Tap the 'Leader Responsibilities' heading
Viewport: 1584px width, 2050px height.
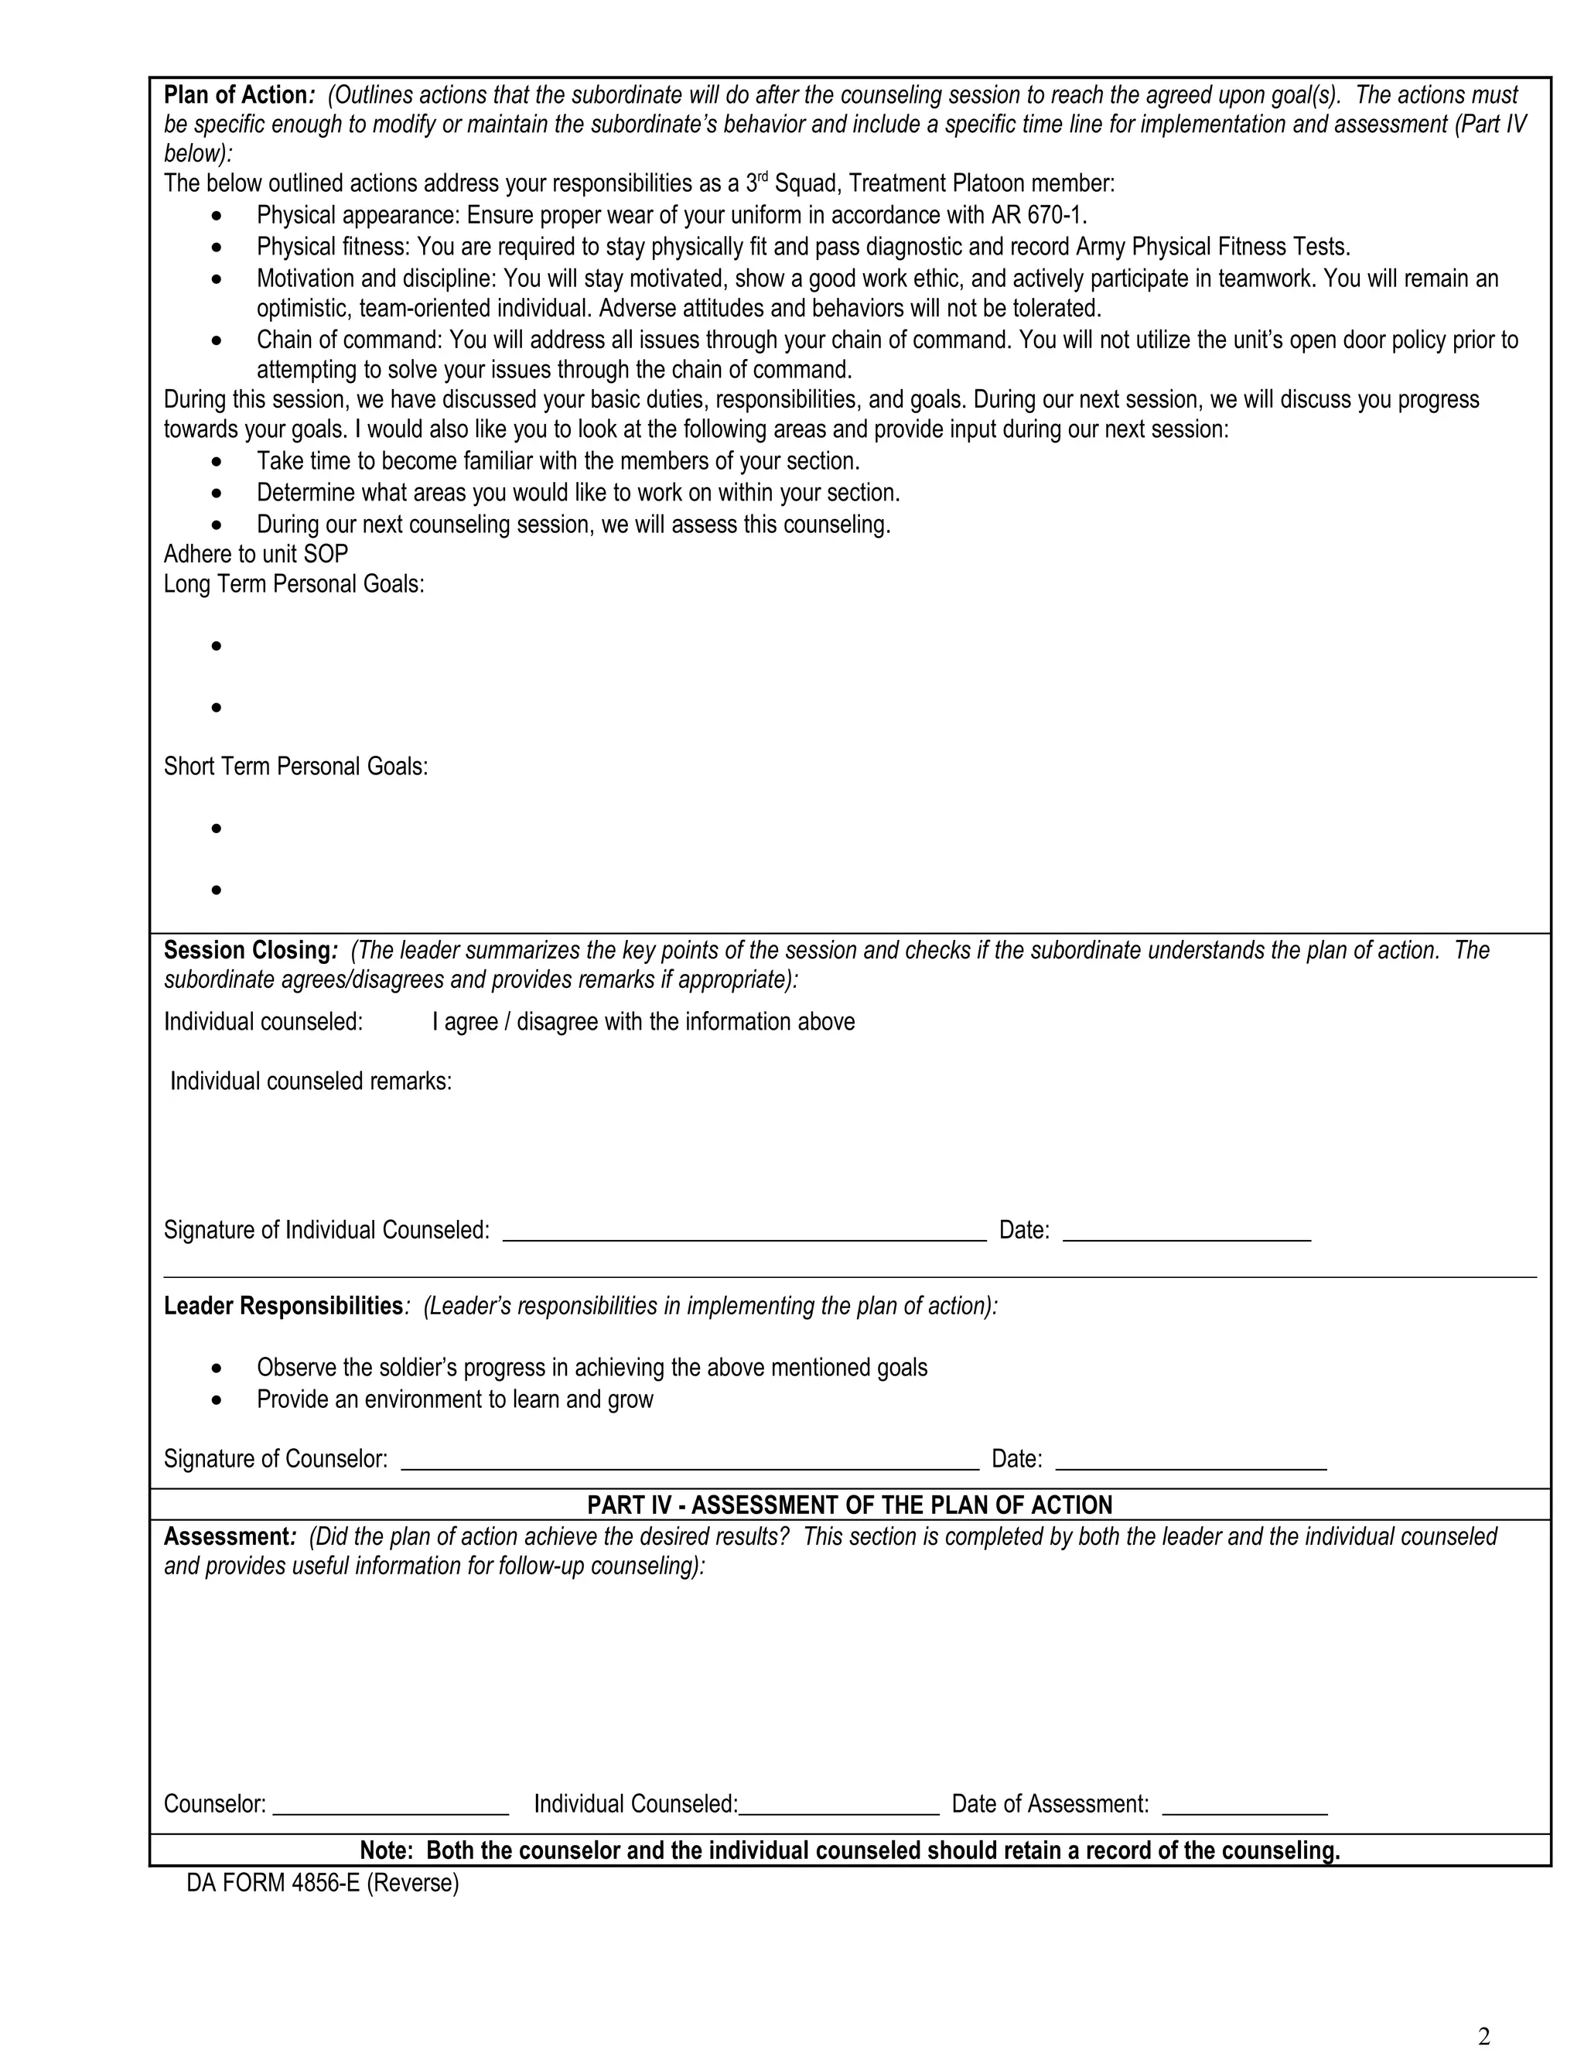pyautogui.click(x=283, y=1306)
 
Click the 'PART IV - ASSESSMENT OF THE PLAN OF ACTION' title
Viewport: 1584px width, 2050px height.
pyautogui.click(x=849, y=1505)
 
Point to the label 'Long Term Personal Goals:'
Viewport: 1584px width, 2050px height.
pyautogui.click(x=294, y=584)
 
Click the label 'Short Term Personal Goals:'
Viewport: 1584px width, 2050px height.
pyautogui.click(x=295, y=767)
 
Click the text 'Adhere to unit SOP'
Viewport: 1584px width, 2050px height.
pyautogui.click(x=255, y=554)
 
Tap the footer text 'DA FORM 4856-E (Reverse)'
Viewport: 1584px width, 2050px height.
pyautogui.click(x=323, y=1883)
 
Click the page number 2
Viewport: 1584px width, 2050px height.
pyautogui.click(x=1483, y=2028)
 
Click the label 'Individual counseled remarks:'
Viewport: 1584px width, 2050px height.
pyautogui.click(x=311, y=1081)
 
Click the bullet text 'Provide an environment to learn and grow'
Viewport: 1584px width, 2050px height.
pyautogui.click(x=455, y=1399)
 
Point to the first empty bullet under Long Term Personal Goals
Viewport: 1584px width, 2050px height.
pyautogui.click(x=217, y=646)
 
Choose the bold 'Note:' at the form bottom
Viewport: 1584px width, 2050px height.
pyautogui.click(x=387, y=1850)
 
